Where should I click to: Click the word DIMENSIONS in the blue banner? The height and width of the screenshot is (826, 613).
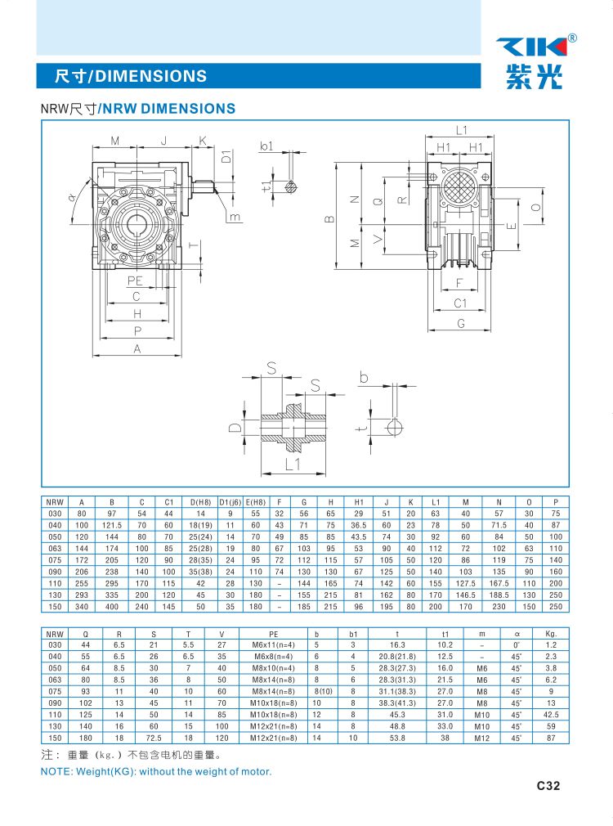click(x=150, y=76)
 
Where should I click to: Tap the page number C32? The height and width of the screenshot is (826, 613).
click(x=548, y=785)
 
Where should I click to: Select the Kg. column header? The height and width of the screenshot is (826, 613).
click(x=551, y=634)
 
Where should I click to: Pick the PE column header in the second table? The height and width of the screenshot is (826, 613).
click(x=273, y=635)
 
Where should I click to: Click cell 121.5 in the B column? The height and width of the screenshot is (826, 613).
click(x=112, y=525)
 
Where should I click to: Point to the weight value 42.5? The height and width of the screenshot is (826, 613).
click(x=551, y=715)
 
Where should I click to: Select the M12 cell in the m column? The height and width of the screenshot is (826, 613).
click(x=482, y=738)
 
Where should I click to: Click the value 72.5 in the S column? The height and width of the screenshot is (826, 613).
click(x=154, y=738)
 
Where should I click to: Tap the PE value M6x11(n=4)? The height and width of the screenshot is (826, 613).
click(x=273, y=644)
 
